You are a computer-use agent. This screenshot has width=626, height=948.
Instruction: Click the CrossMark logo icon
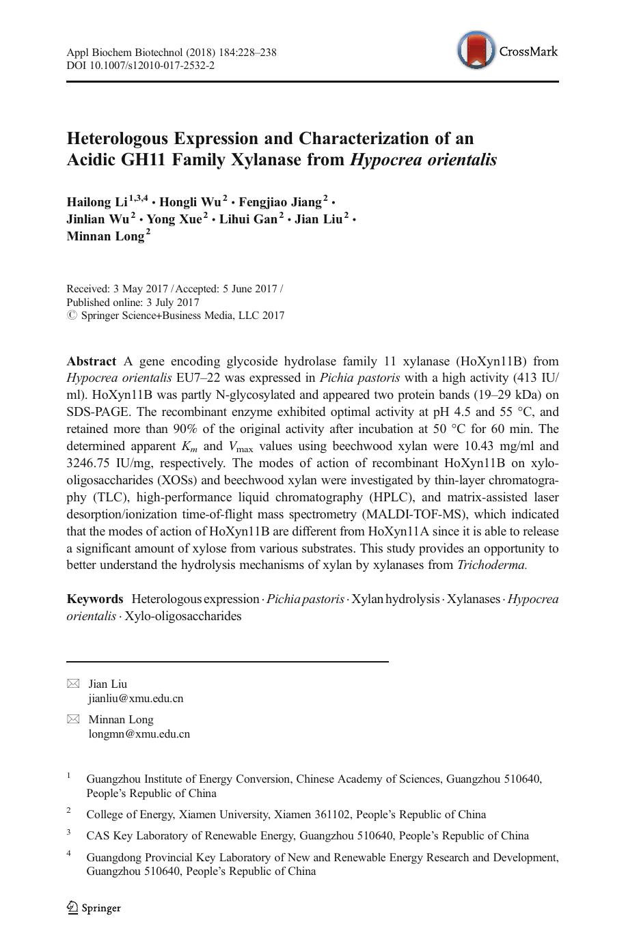(x=476, y=51)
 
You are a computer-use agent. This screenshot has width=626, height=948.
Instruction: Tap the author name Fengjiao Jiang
(x=280, y=202)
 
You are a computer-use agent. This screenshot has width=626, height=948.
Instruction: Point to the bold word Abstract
(x=91, y=361)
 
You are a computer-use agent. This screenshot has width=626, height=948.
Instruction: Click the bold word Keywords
(x=94, y=599)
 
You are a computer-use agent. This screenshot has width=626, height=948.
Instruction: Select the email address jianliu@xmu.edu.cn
(x=135, y=699)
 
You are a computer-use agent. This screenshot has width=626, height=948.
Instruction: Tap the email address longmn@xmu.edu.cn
(x=139, y=734)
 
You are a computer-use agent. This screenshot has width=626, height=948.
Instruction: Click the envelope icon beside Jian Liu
(x=73, y=684)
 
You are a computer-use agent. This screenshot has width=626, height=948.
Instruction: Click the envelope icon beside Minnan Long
(x=73, y=719)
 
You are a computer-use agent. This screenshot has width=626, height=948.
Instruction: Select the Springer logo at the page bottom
(x=94, y=908)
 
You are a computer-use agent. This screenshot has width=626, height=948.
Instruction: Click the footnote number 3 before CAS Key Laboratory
(x=69, y=833)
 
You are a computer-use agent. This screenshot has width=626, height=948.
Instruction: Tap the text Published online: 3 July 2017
(x=133, y=302)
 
